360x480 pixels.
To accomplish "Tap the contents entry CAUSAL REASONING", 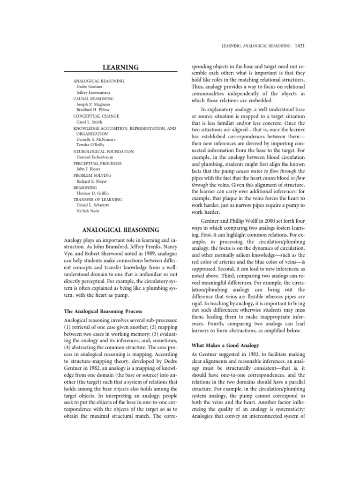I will pos(95,99).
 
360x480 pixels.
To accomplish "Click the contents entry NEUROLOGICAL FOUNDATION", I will pos(104,151).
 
